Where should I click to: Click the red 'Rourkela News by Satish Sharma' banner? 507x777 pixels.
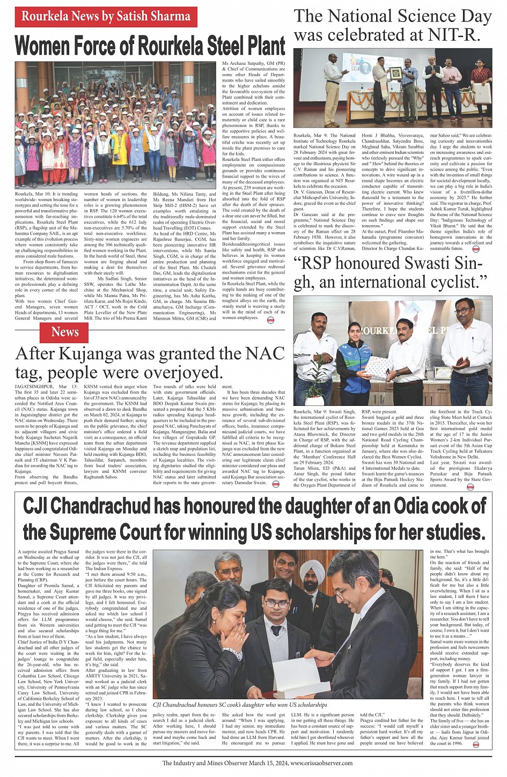[x=106, y=17]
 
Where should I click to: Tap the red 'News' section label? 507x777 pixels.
[x=65, y=332]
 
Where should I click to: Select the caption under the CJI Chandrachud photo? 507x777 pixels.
[x=240, y=705]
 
